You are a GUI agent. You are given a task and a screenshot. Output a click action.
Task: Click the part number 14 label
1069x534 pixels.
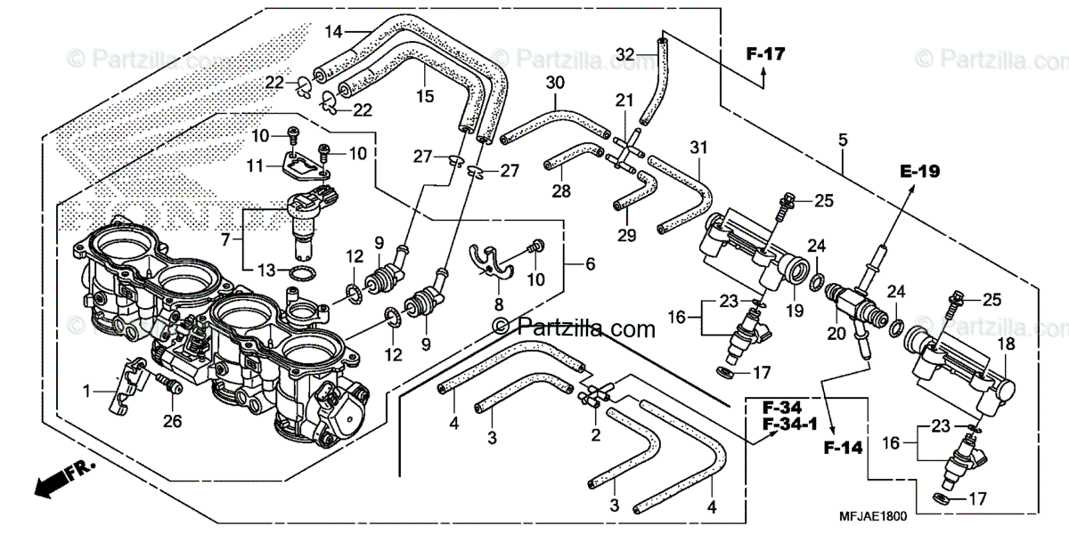(333, 33)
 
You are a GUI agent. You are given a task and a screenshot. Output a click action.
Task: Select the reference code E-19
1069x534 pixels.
(919, 172)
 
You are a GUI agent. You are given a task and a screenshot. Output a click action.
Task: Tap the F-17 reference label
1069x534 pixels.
(765, 55)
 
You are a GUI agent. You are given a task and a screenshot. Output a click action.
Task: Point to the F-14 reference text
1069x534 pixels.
(842, 448)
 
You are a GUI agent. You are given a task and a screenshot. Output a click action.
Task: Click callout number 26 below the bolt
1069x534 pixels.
(173, 421)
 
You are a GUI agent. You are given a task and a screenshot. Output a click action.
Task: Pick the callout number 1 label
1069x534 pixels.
(88, 390)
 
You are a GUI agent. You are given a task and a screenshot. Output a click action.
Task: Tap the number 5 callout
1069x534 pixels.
(842, 141)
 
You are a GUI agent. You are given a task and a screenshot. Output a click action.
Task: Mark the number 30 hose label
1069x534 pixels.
(555, 82)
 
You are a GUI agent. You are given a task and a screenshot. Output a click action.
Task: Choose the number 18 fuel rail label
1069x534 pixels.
(1006, 343)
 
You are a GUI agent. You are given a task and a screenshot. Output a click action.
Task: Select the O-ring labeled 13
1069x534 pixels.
(300, 272)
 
